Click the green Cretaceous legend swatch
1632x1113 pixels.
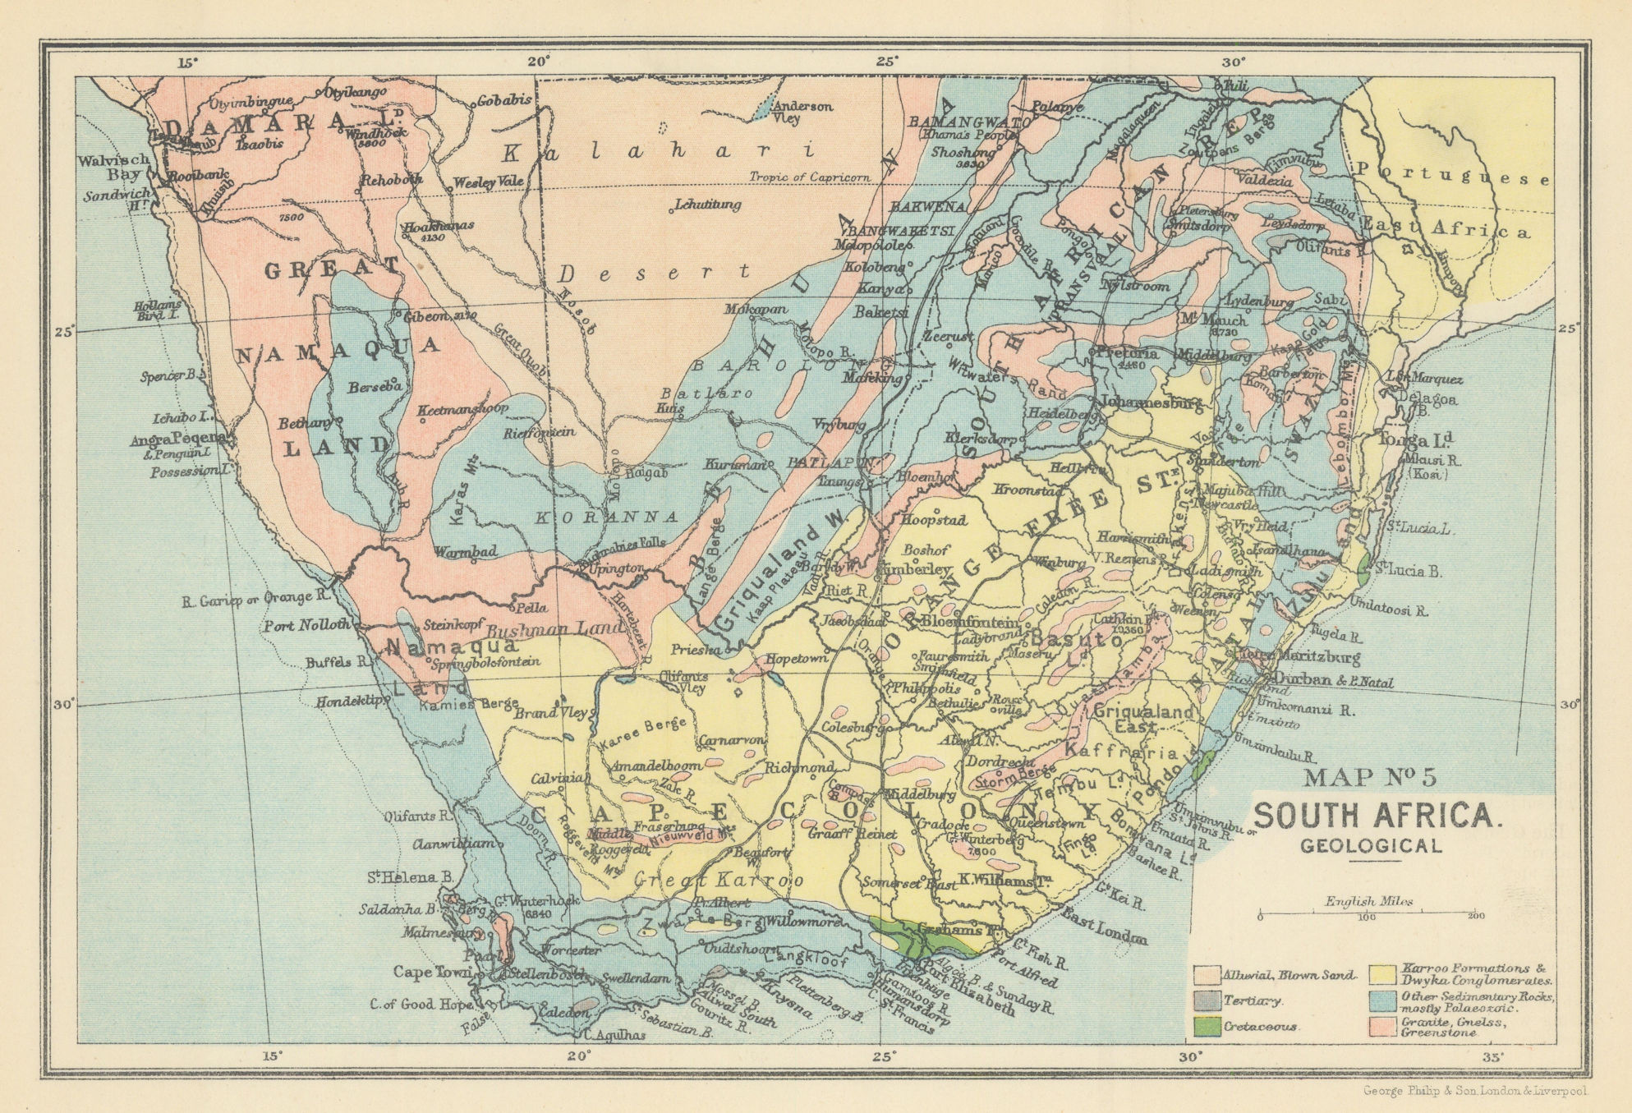pyautogui.click(x=1207, y=1026)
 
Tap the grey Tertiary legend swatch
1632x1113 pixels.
pyautogui.click(x=1207, y=1000)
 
